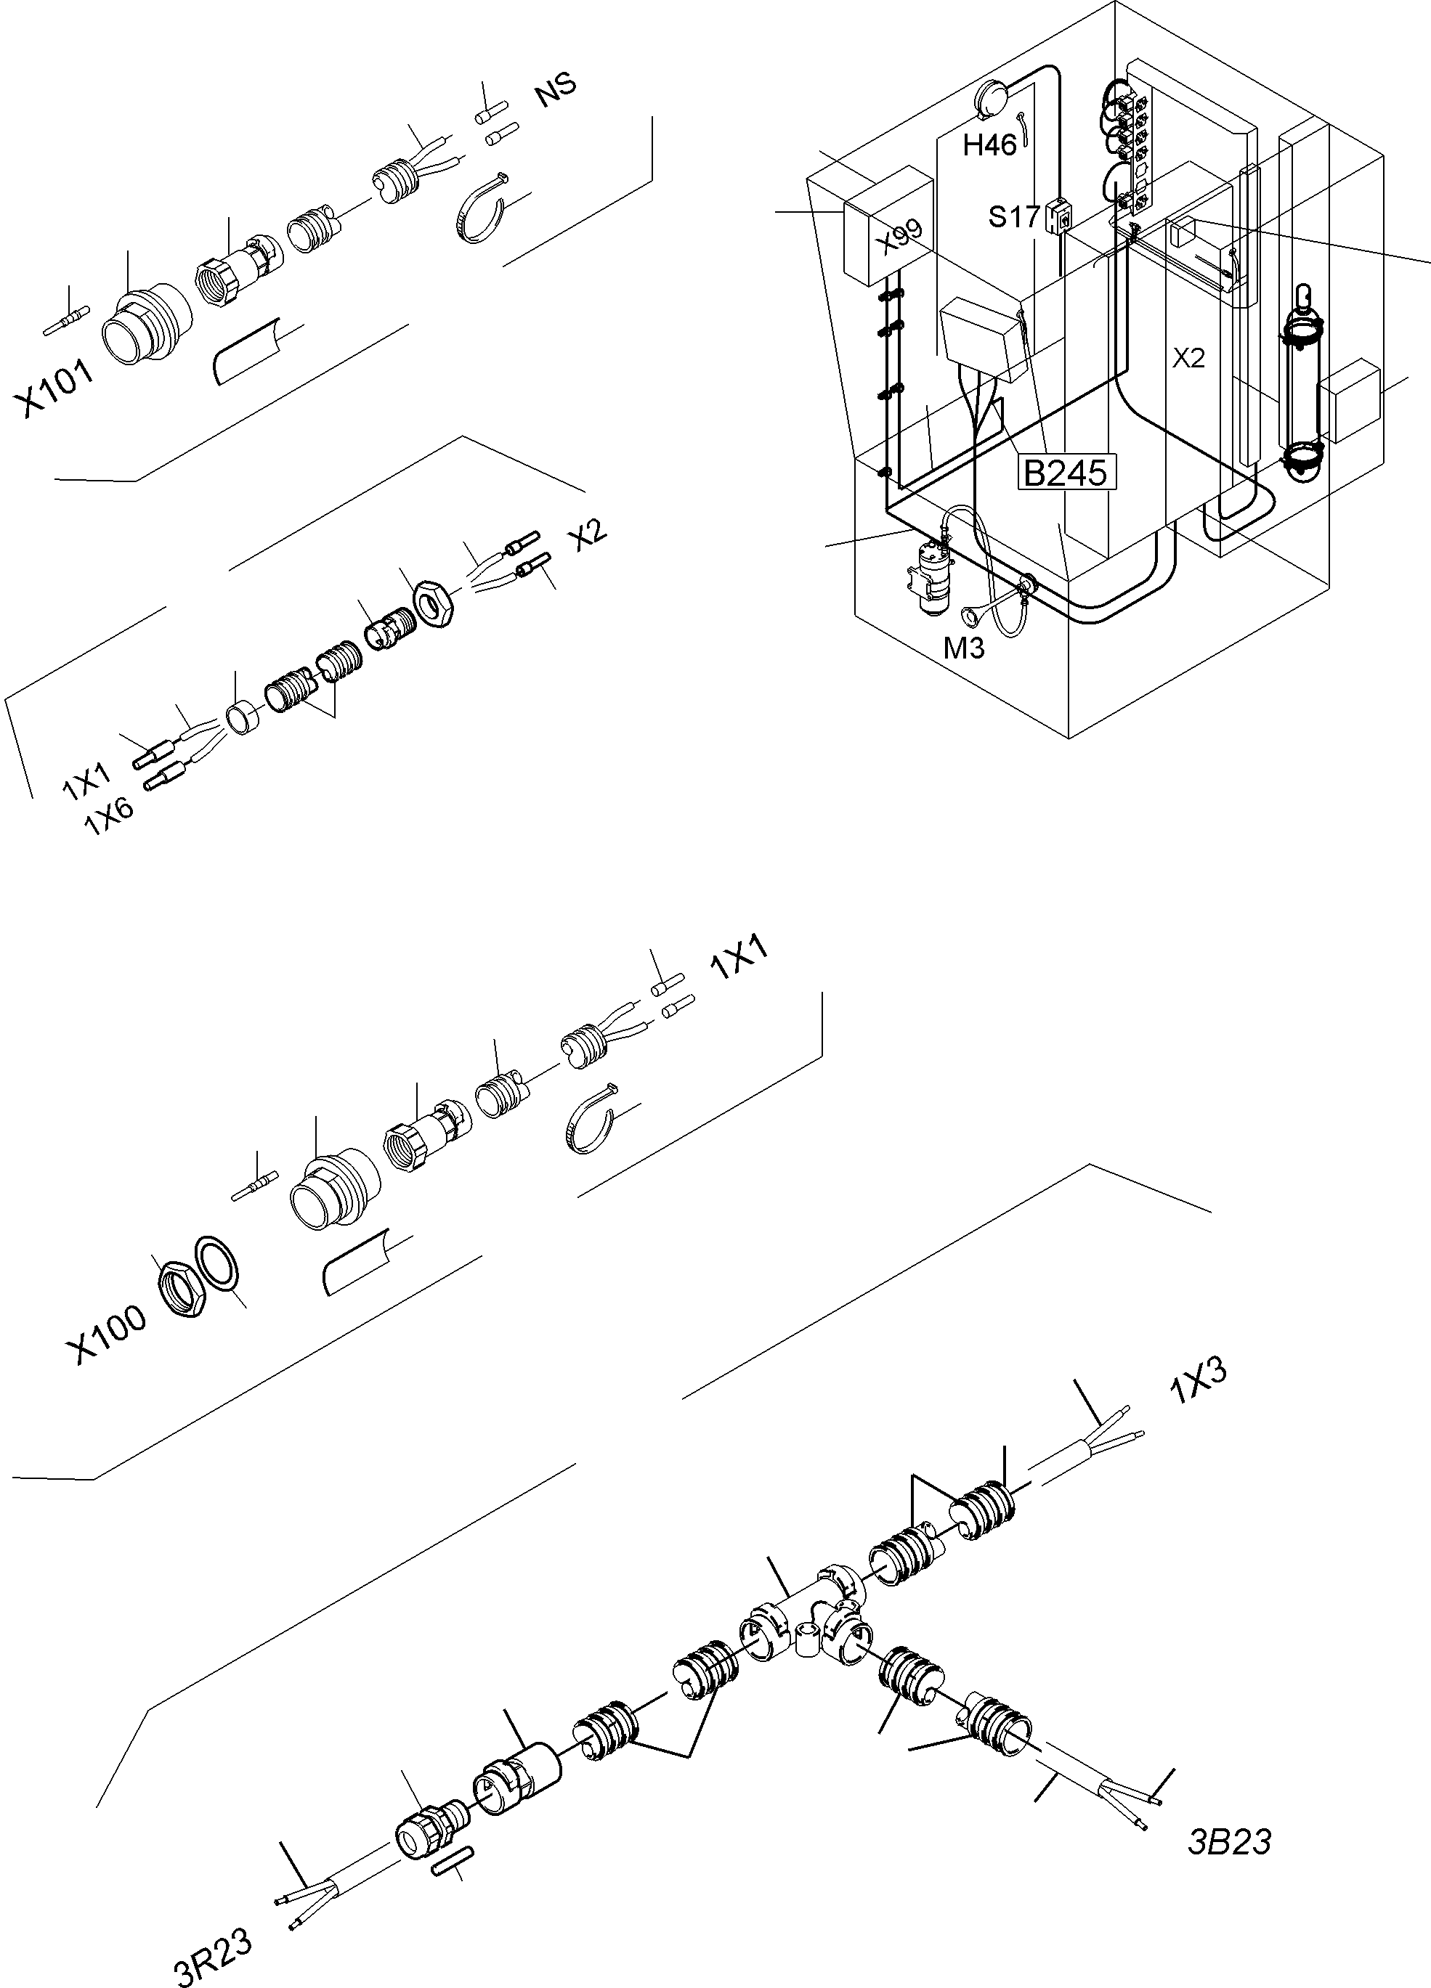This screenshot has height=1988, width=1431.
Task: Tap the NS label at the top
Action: pyautogui.click(x=556, y=89)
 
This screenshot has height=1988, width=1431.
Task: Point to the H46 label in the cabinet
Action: pyautogui.click(x=989, y=144)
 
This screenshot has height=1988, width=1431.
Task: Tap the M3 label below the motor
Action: pyautogui.click(x=964, y=648)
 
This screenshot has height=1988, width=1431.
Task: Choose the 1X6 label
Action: pyautogui.click(x=110, y=817)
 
